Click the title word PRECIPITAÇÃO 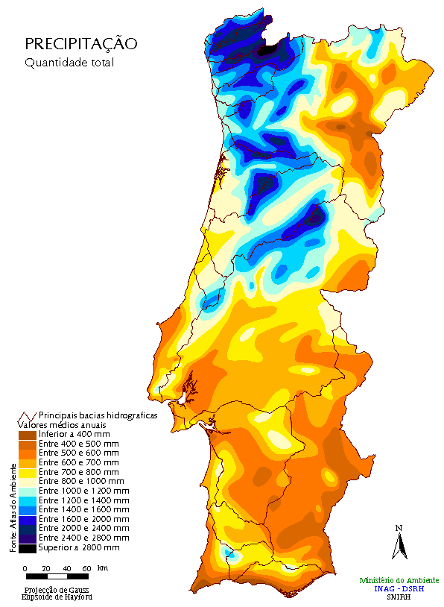tap(81, 44)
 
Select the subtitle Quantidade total tap(69, 63)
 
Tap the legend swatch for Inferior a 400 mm tap(27, 434)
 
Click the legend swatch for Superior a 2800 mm tap(27, 548)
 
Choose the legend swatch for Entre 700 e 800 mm tap(27, 472)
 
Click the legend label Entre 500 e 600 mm tap(79, 453)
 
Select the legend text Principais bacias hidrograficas tap(98, 415)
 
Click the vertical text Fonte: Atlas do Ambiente tap(13, 507)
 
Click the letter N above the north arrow tap(399, 528)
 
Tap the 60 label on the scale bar tap(87, 568)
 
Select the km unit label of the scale tap(103, 568)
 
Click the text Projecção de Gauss tap(57, 590)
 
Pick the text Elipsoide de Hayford tap(57, 597)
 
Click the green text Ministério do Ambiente tap(399, 580)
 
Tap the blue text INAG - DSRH tap(399, 588)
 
